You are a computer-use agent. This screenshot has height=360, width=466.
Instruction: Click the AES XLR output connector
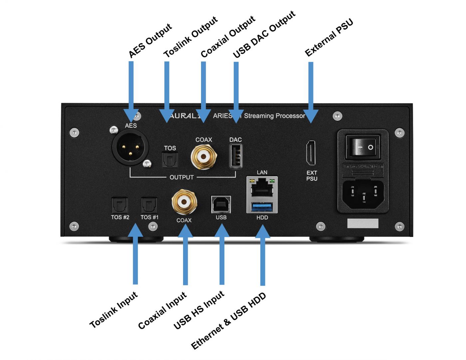pos(130,147)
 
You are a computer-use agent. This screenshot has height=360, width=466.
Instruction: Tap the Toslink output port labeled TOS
pos(170,160)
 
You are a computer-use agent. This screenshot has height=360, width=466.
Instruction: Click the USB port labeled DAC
pos(235,156)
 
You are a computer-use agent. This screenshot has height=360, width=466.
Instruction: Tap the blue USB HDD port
pos(262,208)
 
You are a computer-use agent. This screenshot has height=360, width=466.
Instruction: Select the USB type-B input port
pos(221,204)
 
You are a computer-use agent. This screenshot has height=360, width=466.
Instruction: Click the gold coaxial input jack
pos(184,202)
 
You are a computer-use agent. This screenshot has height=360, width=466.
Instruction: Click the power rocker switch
pos(362,147)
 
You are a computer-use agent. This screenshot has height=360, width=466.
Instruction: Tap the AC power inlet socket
pos(363,194)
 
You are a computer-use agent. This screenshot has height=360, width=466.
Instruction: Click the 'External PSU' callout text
pos(329,38)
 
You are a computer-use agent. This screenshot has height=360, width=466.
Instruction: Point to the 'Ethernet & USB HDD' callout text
pos(229,321)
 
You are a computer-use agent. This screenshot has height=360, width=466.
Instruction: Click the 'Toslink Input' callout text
pos(114,310)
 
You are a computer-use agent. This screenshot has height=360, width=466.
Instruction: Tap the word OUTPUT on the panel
pos(181,177)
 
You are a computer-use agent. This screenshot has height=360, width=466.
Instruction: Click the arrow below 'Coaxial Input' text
pos(185,256)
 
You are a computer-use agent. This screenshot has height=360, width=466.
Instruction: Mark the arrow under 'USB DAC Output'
pos(236,90)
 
